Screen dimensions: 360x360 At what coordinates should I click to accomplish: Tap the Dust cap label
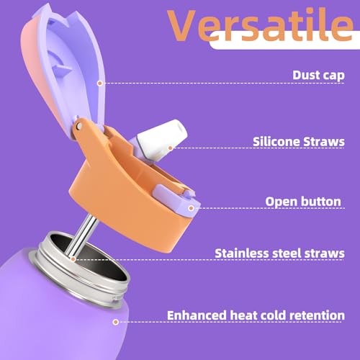pyautogui.click(x=318, y=74)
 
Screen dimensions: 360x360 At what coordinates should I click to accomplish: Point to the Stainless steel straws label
pyautogui.click(x=280, y=253)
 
